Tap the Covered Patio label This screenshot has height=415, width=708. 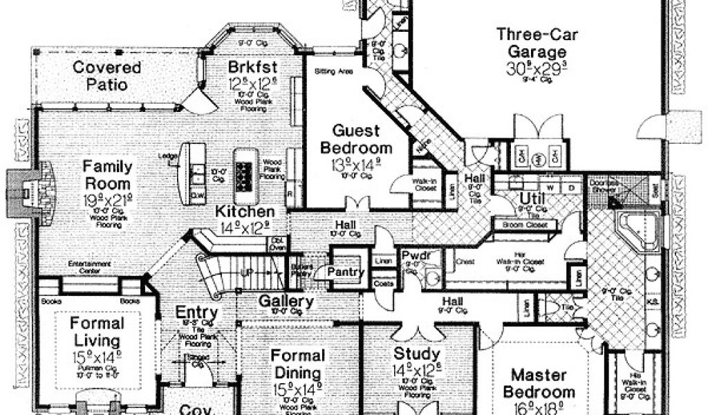coord(106,76)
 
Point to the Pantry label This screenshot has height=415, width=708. coord(346,273)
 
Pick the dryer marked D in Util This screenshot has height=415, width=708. coord(571,188)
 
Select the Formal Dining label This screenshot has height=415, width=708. coord(297,365)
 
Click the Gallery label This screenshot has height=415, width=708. coord(286,302)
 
